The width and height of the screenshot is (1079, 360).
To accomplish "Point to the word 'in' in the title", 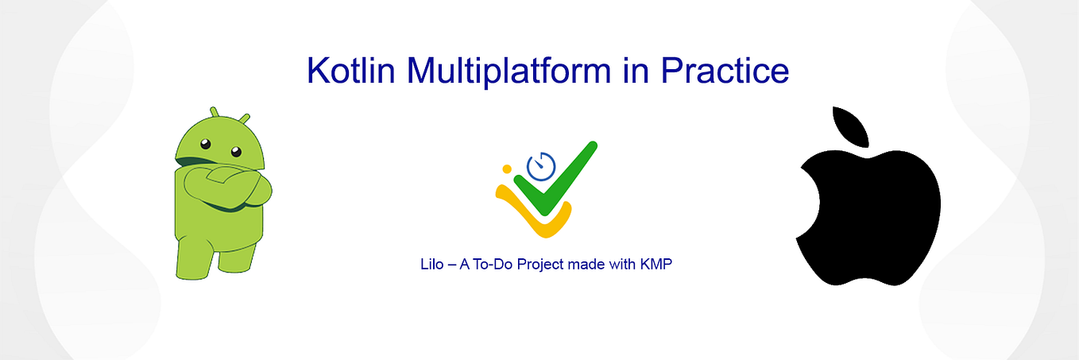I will (635, 70).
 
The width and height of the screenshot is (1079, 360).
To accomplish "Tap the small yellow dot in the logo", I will (505, 168).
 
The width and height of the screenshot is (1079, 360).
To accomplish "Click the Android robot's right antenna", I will (244, 119).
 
